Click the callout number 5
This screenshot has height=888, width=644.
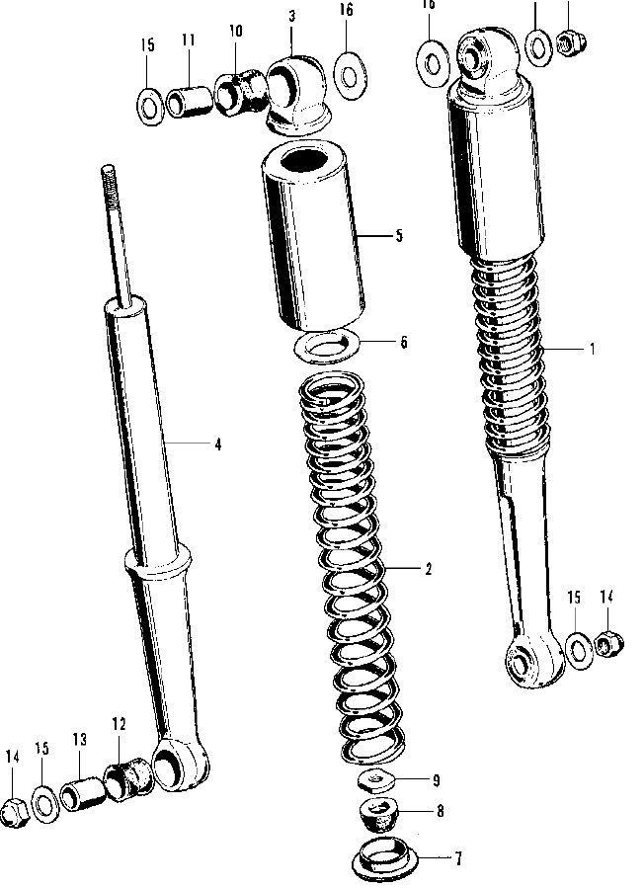tap(400, 236)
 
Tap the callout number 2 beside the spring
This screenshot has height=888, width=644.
tap(428, 570)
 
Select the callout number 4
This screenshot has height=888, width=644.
tap(216, 444)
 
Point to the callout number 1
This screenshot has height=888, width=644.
tap(592, 349)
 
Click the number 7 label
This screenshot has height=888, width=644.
tap(457, 857)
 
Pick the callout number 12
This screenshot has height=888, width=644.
tap(119, 724)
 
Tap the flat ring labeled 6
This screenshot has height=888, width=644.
tap(329, 346)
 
